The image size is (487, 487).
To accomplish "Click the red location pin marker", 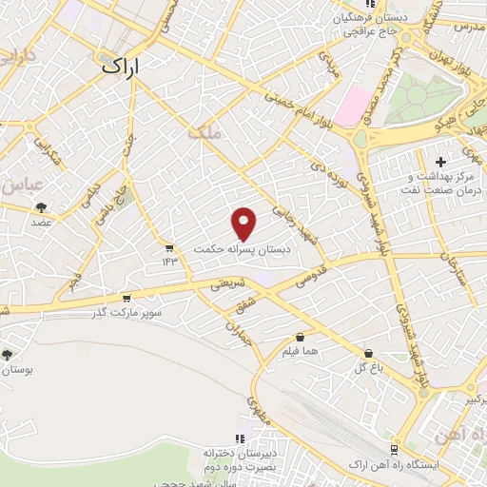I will click(244, 223).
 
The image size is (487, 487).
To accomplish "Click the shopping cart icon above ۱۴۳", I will click(169, 246).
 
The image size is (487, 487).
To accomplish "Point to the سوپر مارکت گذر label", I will click(128, 312).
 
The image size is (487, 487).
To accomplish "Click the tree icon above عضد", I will click(40, 206).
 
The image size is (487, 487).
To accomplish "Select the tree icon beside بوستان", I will click(8, 354).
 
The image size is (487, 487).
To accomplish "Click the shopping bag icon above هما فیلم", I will click(302, 337).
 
